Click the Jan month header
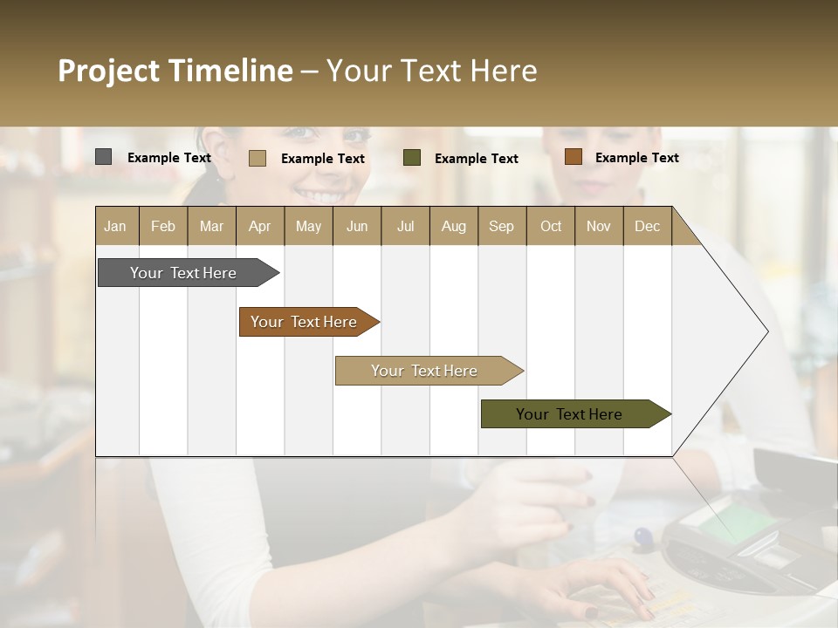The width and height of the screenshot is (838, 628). point(115,226)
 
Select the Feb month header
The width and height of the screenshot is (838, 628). point(163,226)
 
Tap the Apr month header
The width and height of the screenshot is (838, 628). point(259,226)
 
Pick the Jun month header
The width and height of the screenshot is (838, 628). point(356,226)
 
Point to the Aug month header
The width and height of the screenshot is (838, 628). point(453,226)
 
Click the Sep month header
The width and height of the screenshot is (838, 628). point(501,226)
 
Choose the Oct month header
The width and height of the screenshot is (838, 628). point(550,226)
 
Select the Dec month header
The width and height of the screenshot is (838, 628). point(647,226)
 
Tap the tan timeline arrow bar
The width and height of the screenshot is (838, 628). point(425,371)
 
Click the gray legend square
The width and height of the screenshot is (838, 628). point(103,157)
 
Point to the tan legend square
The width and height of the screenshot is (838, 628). point(257,158)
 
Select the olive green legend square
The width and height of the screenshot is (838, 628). point(412,157)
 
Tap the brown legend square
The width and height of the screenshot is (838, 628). point(573,157)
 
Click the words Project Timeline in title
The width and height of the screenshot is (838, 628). point(175,71)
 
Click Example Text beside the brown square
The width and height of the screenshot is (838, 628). point(636,158)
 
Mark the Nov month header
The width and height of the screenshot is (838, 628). point(598,226)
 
